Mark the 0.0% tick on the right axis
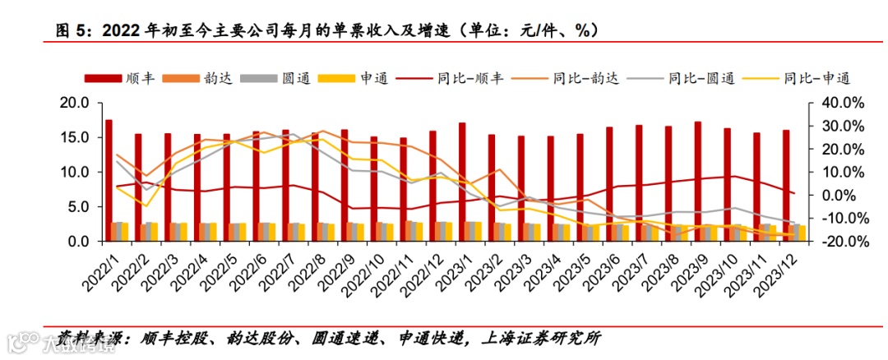coord(840,196)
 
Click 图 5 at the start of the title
coord(68,30)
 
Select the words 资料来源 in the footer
coord(81,337)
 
